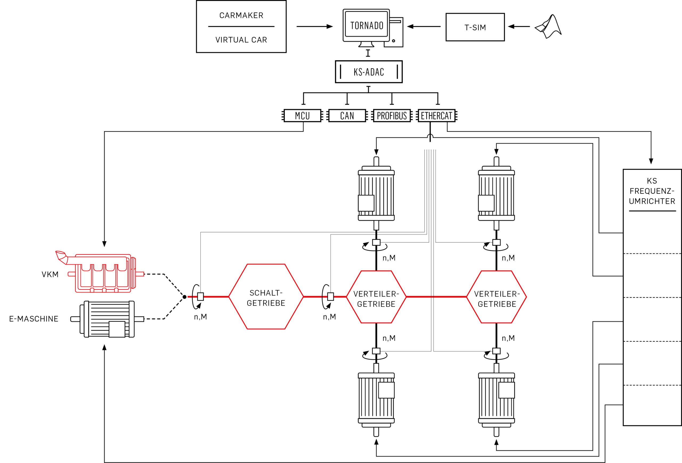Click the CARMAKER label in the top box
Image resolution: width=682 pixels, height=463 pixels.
(x=241, y=15)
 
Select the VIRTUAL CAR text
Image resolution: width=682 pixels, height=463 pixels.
(x=241, y=40)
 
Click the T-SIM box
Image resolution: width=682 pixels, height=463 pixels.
(x=475, y=27)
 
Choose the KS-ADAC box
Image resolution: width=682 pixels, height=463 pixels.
(x=369, y=72)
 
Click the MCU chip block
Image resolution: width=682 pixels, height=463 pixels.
(x=302, y=116)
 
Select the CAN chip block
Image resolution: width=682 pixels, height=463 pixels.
(x=347, y=116)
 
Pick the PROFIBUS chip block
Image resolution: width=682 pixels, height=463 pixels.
(x=392, y=116)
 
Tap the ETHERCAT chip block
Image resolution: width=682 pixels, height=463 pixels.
(x=436, y=116)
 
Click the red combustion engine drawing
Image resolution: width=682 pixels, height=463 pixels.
(x=100, y=272)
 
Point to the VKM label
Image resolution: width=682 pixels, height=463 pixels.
(x=50, y=274)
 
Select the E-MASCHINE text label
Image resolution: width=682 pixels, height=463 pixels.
(x=34, y=319)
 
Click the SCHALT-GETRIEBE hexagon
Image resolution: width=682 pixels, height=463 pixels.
(x=266, y=297)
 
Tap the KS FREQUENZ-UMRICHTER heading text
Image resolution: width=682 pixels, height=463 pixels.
(x=652, y=191)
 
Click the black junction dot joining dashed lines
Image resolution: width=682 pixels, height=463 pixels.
(x=185, y=297)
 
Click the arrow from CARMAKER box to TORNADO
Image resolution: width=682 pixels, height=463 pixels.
(x=315, y=26)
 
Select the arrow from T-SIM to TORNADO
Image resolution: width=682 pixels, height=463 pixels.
(x=424, y=26)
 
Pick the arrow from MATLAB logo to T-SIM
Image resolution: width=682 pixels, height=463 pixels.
(x=519, y=26)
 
